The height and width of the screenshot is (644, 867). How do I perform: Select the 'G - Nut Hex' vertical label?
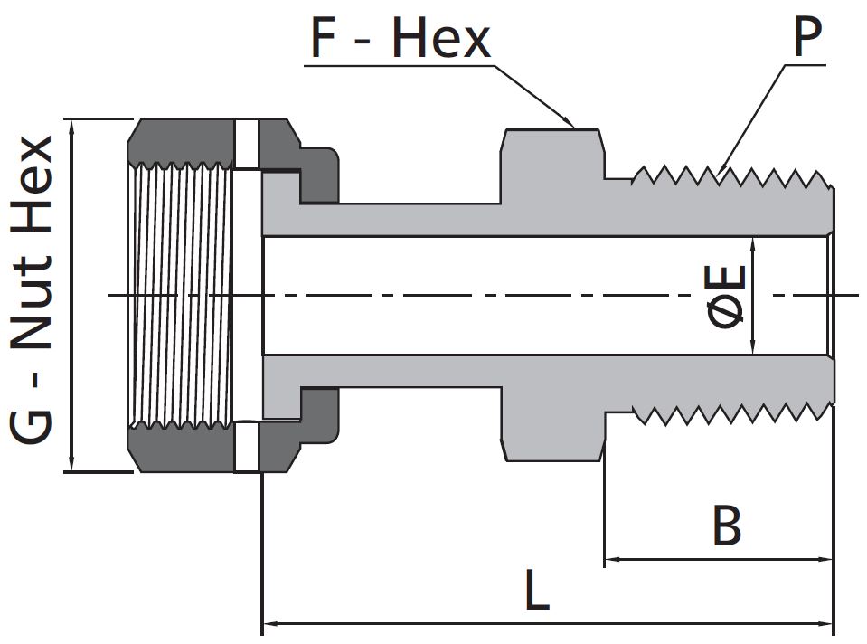pos(34,291)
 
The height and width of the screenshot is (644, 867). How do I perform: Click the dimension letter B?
pos(727,526)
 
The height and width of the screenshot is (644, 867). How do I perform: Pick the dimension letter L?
pos(537,593)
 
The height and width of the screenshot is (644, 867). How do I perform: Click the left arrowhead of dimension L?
pos(269,623)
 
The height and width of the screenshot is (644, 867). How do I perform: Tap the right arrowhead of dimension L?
pos(825,623)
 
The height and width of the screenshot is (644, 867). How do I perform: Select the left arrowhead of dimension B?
pos(611,560)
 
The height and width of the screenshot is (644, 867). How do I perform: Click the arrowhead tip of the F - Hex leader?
pos(571,124)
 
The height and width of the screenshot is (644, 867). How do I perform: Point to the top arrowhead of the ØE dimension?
pos(752,242)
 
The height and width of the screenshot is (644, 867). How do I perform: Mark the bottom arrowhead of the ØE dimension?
pos(752,349)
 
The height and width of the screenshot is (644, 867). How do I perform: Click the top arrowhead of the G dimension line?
pos(71,125)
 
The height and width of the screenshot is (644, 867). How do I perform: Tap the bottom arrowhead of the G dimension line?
pos(71,465)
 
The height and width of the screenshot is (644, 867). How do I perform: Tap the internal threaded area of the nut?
pos(181,294)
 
